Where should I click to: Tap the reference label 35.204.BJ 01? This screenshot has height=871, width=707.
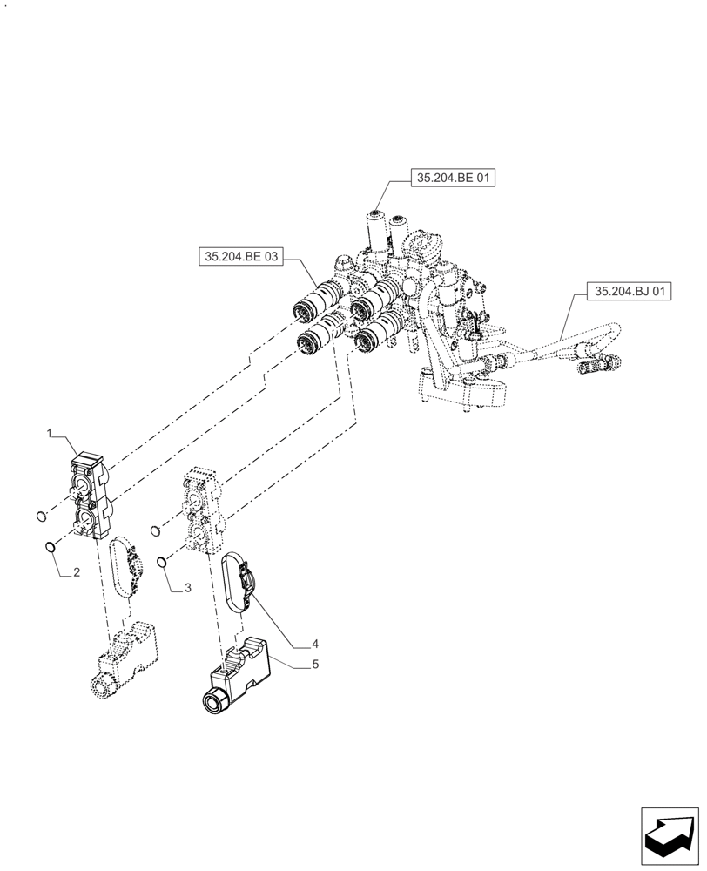click(629, 292)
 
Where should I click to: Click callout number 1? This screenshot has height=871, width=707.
click(50, 433)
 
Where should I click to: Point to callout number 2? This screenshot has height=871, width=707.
click(77, 573)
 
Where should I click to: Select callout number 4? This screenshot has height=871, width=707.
click(315, 645)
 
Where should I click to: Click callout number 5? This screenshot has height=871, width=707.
click(315, 664)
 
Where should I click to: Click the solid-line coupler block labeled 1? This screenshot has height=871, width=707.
click(90, 496)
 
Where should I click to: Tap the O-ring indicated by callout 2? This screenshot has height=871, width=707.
click(50, 547)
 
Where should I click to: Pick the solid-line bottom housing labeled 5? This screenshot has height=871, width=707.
click(242, 677)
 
